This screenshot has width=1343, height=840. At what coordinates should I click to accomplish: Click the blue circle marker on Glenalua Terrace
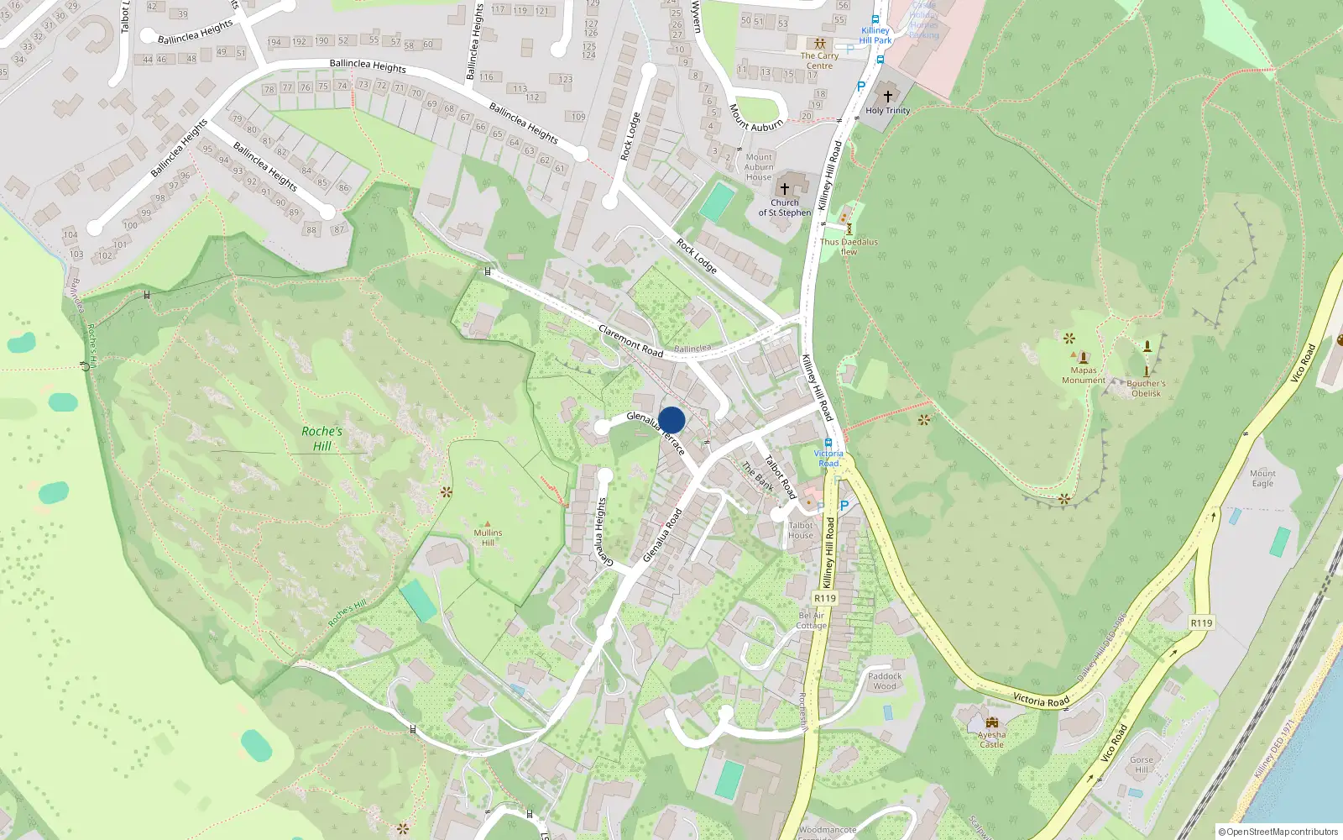point(671,420)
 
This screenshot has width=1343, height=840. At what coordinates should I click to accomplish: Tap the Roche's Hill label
point(322,438)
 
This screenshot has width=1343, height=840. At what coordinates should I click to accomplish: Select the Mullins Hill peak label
point(488,537)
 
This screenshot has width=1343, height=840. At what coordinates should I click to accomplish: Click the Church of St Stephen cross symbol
point(785,189)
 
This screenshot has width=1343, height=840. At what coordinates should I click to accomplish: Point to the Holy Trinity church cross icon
point(888,96)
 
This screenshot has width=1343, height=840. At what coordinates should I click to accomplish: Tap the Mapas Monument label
point(1084,375)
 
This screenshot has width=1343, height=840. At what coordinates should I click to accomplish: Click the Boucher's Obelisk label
point(1146,388)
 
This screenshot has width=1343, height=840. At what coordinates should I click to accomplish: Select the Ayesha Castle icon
point(992,722)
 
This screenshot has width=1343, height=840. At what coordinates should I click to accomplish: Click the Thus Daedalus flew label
point(849,246)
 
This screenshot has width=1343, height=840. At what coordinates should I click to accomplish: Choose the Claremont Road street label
point(631,341)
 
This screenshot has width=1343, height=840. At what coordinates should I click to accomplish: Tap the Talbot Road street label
point(780,476)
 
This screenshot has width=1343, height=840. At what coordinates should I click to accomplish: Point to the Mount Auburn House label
point(759,167)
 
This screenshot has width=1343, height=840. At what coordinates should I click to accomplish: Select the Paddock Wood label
point(885,680)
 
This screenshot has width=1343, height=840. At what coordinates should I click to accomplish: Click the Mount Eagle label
point(1262,478)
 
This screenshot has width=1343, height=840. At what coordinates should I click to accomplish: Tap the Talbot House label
point(801,530)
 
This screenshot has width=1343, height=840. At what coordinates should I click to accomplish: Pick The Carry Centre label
point(819,60)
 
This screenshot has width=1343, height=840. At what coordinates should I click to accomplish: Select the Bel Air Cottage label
point(812,620)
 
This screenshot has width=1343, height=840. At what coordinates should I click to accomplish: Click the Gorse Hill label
point(1142,764)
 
